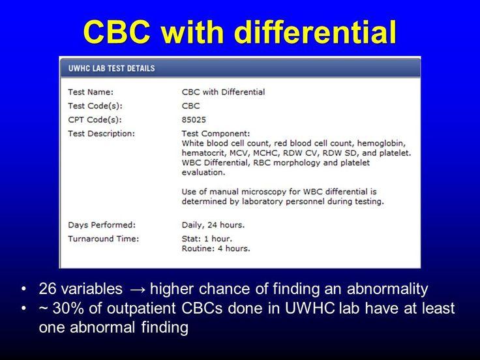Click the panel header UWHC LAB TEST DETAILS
point(112,68)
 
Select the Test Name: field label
point(91,92)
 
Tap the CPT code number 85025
point(194,120)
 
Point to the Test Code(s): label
point(95,106)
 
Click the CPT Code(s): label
point(95,120)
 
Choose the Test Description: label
point(101,134)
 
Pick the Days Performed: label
point(102,225)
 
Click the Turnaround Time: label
point(104,239)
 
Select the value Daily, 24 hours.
point(213,225)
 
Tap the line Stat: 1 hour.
point(207,239)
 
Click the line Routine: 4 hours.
point(216,248)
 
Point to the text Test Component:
point(216,134)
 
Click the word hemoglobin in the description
point(382,143)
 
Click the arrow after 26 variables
point(136,290)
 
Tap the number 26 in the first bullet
point(48,289)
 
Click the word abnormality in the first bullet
point(387,290)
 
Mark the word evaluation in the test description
point(203,173)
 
